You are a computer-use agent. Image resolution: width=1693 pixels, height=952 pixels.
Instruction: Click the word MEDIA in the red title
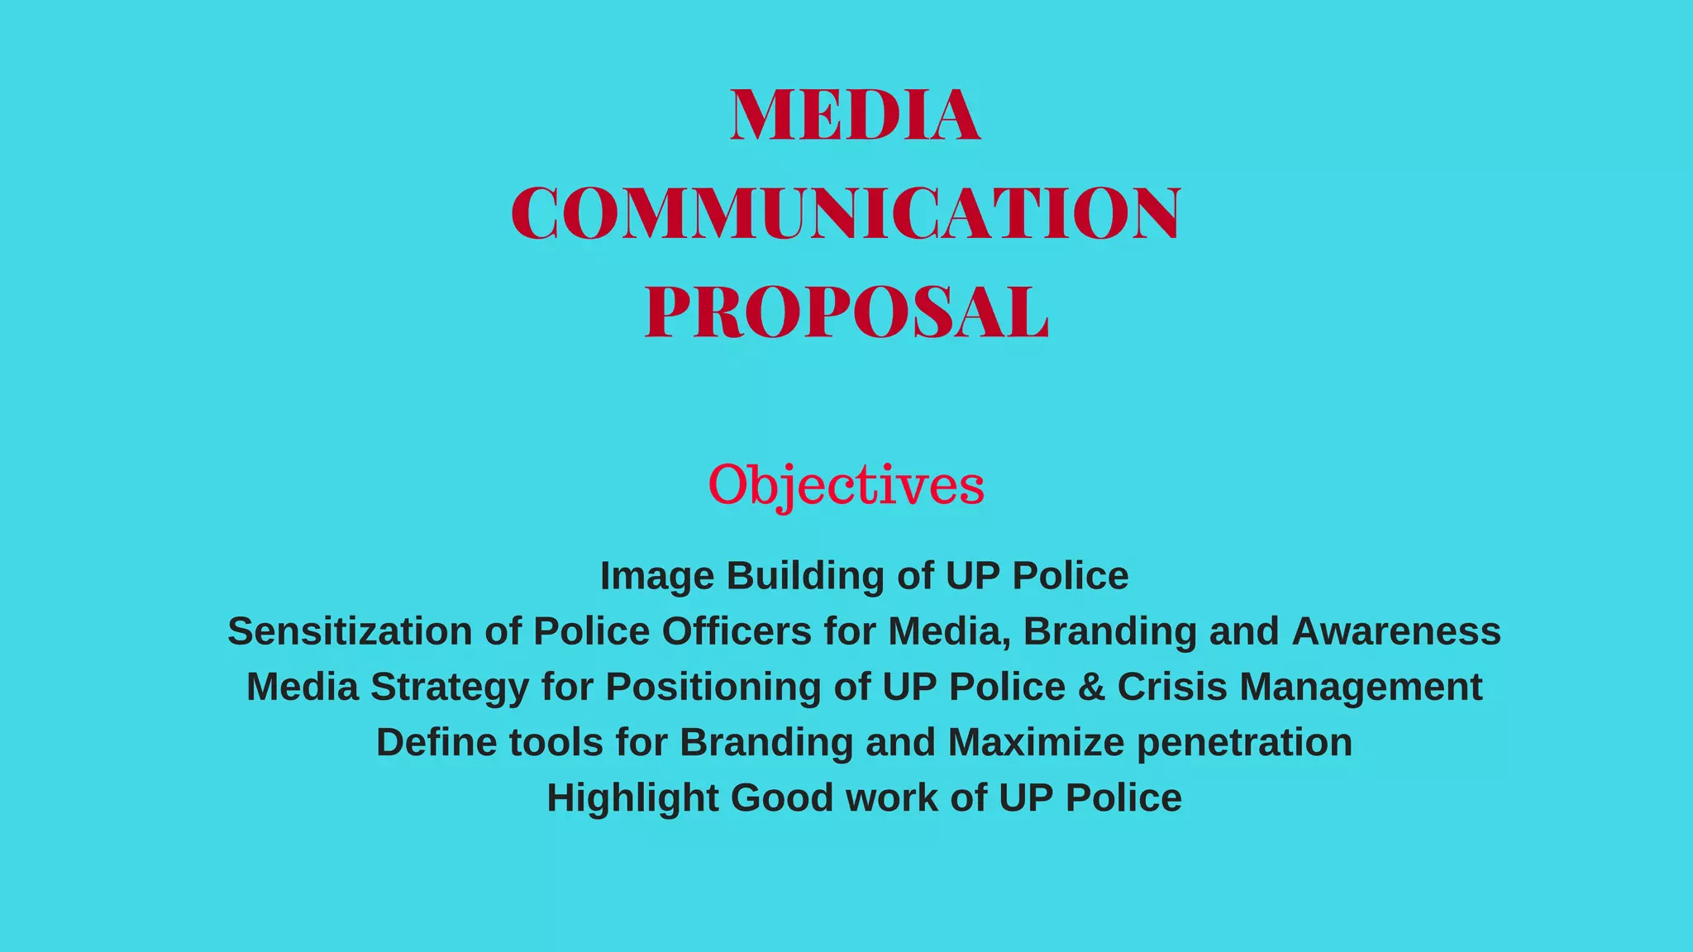click(x=855, y=116)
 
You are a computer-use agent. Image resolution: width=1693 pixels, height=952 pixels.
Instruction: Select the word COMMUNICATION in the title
click(x=846, y=213)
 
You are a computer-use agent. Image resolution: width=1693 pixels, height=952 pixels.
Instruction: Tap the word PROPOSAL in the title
click(x=846, y=312)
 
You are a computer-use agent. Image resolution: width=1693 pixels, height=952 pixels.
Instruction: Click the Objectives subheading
click(x=846, y=485)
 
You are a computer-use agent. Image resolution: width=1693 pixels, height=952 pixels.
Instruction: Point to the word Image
click(x=656, y=576)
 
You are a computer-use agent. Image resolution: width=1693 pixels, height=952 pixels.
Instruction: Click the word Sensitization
click(x=350, y=631)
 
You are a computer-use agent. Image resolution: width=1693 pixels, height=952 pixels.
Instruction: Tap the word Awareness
click(x=1395, y=631)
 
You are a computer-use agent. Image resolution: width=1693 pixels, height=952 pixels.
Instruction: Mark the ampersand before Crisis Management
click(x=1091, y=687)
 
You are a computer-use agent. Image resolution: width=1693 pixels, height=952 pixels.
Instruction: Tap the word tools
click(x=556, y=742)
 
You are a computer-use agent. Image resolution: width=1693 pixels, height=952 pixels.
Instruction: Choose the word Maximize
click(x=1036, y=742)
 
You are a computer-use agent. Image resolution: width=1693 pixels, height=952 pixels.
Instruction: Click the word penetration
click(x=1244, y=742)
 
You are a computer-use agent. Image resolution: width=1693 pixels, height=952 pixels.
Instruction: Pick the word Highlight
click(x=632, y=798)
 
